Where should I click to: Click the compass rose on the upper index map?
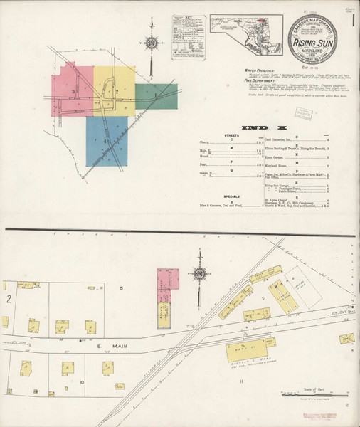click(x=151, y=43)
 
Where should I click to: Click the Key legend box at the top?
click(x=188, y=32)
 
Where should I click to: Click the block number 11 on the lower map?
click(x=241, y=384)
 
